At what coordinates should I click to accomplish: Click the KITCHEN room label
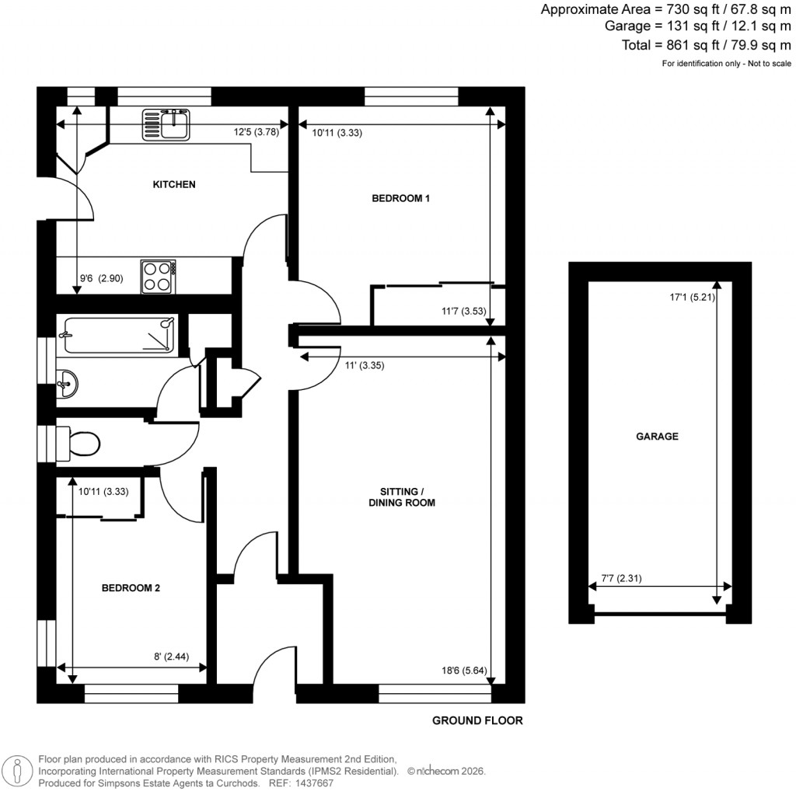coord(173,185)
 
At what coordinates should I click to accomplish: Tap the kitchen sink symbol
coord(166,125)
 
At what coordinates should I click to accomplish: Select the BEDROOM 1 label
coord(401,198)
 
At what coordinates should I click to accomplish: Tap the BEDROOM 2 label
coord(131,588)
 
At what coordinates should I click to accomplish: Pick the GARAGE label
coord(657,436)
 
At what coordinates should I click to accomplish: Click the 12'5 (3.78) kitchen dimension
coord(257,132)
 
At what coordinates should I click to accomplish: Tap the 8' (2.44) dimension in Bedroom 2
coord(179,657)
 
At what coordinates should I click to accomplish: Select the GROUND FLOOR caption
coord(477,720)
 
